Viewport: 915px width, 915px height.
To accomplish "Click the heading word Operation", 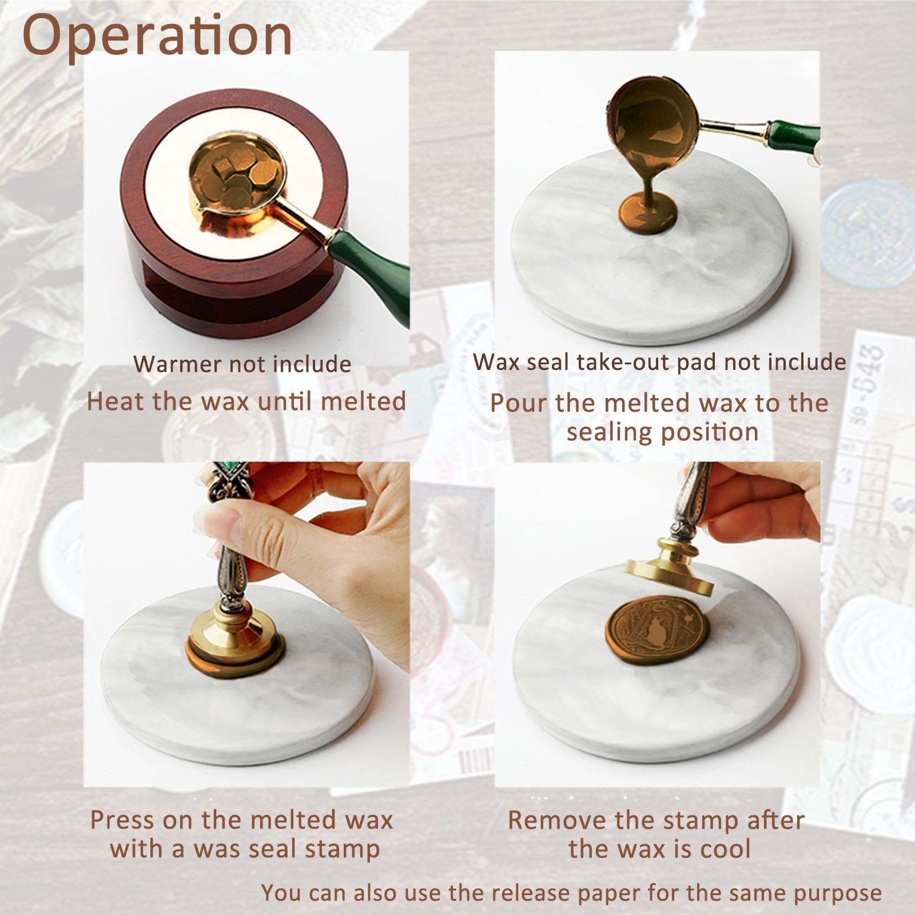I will click(x=157, y=35).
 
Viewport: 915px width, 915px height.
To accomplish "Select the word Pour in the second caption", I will click(x=518, y=403).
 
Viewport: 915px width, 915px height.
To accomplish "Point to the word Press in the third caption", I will click(x=122, y=820).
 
